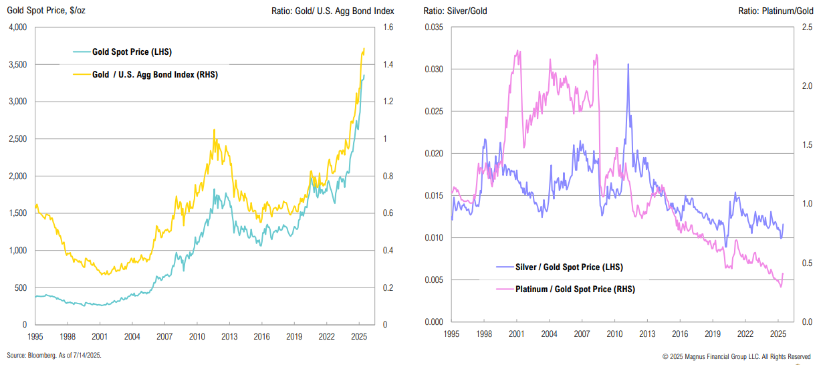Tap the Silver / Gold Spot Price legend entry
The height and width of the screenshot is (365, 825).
pyautogui.click(x=569, y=267)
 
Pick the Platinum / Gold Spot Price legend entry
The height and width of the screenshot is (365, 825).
pyautogui.click(x=575, y=289)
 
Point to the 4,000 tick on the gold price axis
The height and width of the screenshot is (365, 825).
pyautogui.click(x=16, y=27)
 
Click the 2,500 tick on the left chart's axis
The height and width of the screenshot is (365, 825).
pyautogui.click(x=16, y=139)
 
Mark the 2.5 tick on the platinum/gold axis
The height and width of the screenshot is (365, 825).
pyautogui.click(x=807, y=27)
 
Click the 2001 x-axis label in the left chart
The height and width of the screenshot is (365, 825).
pyautogui.click(x=100, y=336)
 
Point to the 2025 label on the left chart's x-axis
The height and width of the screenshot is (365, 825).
pyautogui.click(x=358, y=336)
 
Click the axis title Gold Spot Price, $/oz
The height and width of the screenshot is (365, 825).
pyautogui.click(x=47, y=11)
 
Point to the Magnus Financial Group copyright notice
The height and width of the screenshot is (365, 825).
pyautogui.click(x=736, y=356)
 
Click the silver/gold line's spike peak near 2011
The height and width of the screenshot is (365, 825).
pyautogui.click(x=628, y=64)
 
